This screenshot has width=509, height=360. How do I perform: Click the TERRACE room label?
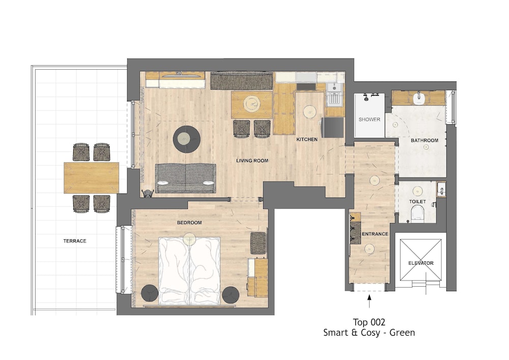(x=75, y=241)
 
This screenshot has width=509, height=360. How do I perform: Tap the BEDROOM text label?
(x=189, y=223)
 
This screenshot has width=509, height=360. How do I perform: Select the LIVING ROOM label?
(x=252, y=160)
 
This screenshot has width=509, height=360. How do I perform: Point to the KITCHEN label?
(x=307, y=139)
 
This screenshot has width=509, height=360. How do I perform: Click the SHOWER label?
(x=370, y=120)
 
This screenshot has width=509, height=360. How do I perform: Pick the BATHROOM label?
(x=425, y=141)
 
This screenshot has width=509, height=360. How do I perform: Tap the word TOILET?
(x=417, y=202)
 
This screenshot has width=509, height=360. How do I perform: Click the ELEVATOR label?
(x=421, y=263)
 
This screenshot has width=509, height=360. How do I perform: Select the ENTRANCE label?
(x=375, y=234)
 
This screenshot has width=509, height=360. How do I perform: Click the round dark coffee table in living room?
(x=187, y=139)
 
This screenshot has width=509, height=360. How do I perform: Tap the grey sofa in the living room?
(x=185, y=179)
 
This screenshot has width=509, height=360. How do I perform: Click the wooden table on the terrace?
(x=91, y=178)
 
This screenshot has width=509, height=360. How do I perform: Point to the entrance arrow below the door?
(x=369, y=301)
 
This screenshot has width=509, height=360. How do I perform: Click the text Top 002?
(x=369, y=322)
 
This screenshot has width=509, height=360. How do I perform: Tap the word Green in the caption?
(x=402, y=333)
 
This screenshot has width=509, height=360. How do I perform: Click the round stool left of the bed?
(x=150, y=293)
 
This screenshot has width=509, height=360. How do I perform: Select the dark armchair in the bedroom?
(x=258, y=243)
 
